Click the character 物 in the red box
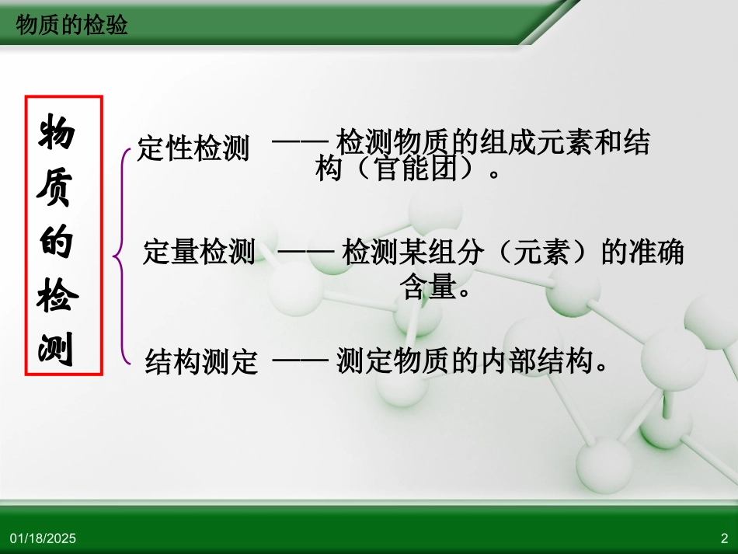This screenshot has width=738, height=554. coord(56,134)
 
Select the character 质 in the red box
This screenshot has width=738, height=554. coord(56,190)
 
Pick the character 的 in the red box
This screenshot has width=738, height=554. coord(56,243)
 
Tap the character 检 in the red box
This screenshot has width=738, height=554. coord(56,298)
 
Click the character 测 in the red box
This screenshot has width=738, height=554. coord(56,351)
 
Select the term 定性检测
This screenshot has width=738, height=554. coord(193,148)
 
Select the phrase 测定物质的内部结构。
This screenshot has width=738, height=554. coord(472,361)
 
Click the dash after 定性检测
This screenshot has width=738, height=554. coord(301,143)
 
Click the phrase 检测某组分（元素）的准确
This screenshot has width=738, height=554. coord(513,253)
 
